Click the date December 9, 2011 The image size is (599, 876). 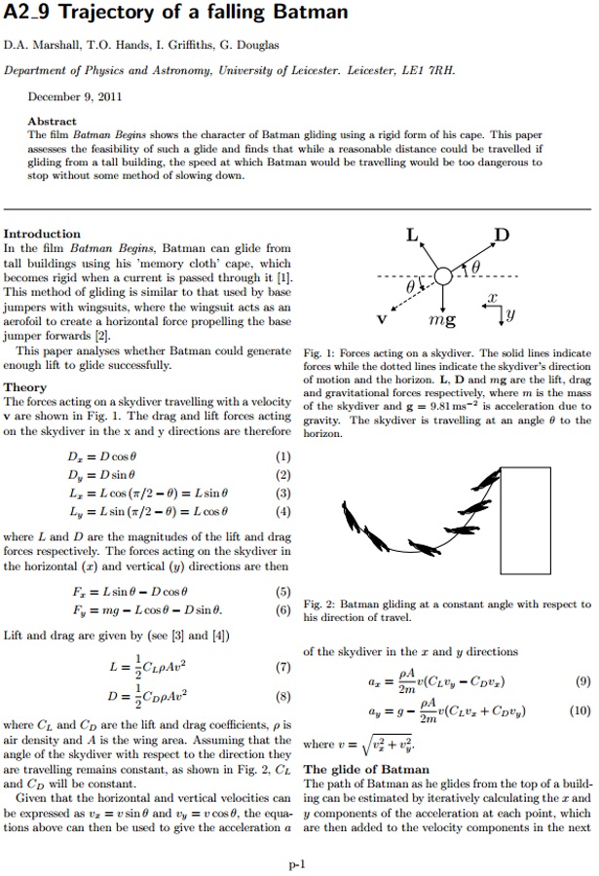pos(74,97)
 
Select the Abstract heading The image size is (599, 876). pos(53,122)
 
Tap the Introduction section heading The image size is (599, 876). pos(42,234)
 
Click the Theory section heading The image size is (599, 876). pos(25,387)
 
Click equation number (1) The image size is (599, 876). pos(282,456)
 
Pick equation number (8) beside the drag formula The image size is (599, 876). pos(282,697)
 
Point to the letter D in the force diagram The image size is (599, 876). pos(501,236)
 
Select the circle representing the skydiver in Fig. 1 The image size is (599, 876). pos(444,276)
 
